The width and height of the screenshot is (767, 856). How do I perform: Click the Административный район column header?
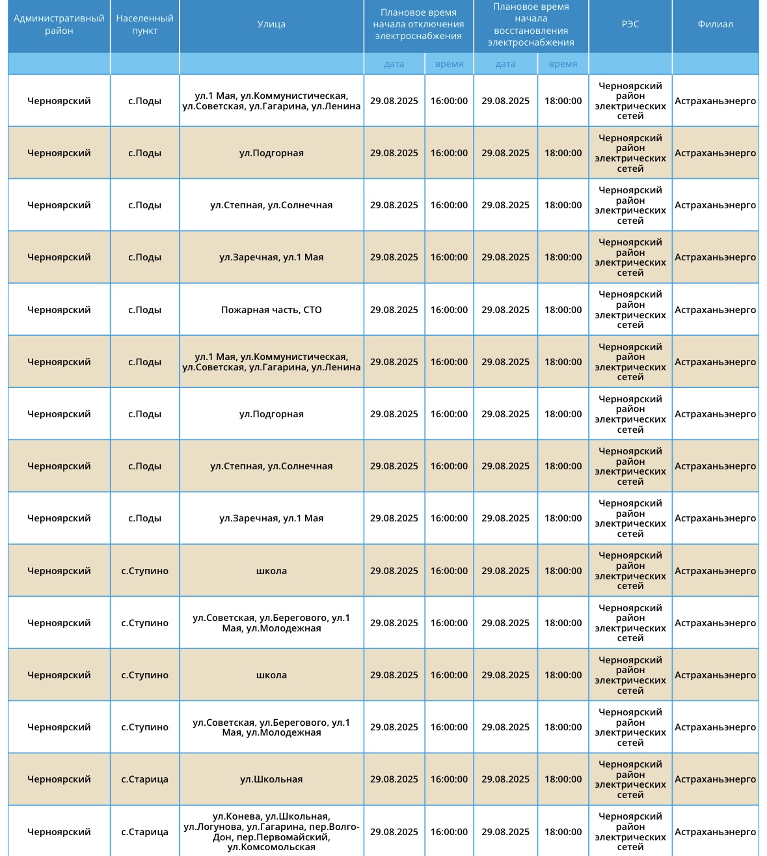click(x=59, y=25)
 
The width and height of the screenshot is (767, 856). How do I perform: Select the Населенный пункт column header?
click(x=144, y=25)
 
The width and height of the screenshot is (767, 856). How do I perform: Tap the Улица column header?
click(x=271, y=25)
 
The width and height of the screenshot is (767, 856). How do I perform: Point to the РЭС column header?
click(x=630, y=25)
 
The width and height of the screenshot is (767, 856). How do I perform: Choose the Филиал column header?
click(x=715, y=25)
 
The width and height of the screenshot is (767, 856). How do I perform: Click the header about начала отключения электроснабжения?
click(x=418, y=25)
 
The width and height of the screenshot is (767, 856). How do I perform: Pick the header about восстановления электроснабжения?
click(x=531, y=25)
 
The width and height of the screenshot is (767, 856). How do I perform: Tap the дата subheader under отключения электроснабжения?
click(x=394, y=64)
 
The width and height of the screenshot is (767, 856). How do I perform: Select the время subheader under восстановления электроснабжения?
click(x=563, y=64)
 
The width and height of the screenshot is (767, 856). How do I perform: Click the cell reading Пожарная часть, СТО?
click(x=271, y=310)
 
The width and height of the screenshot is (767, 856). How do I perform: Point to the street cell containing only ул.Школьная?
click(x=271, y=779)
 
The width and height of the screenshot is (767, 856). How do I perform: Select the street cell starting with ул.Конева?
click(x=271, y=831)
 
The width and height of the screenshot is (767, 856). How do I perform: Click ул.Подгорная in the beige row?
click(x=271, y=153)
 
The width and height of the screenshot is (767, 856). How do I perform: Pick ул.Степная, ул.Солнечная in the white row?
click(x=271, y=205)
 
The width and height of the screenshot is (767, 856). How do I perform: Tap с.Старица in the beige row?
click(x=144, y=779)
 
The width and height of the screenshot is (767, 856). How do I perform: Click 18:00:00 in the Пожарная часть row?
click(x=563, y=310)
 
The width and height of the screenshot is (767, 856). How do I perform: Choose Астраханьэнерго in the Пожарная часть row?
click(x=715, y=310)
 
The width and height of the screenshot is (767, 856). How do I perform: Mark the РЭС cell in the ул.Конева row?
click(x=630, y=831)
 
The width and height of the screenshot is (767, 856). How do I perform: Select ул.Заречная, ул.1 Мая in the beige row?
click(x=271, y=257)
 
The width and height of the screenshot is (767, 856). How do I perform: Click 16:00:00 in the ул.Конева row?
click(x=449, y=831)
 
